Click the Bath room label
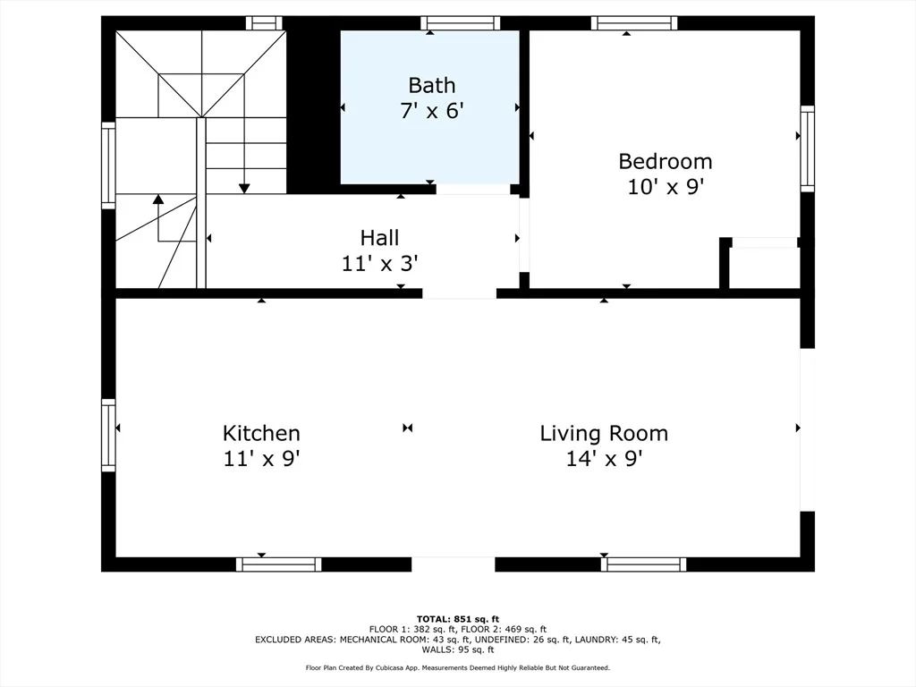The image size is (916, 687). pos(432,85)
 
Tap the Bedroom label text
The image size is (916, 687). pos(666,161)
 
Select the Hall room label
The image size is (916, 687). pos(379,238)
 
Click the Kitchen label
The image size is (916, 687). pos(261,434)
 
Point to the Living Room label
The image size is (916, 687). pos(604,434)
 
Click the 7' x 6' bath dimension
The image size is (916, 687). pos(432,110)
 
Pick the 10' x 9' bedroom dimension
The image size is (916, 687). pos(666,187)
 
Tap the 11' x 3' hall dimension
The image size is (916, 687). pos(379,264)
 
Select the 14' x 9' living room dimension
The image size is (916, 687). pos(604,459)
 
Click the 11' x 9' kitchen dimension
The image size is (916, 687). pos(261,459)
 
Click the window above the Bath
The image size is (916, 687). pos(461,23)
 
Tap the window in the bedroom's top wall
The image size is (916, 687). pos(634,23)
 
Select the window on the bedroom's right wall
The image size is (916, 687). pos(808,148)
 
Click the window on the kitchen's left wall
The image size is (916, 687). pos(108,436)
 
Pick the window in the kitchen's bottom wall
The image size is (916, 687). pos(279,564)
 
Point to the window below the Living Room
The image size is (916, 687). pos(644,564)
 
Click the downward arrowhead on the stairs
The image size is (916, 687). pos(244,189)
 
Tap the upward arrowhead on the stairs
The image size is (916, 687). pos(157,199)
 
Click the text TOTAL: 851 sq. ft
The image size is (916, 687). pos(458,619)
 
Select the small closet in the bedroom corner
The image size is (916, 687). pos(765,267)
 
